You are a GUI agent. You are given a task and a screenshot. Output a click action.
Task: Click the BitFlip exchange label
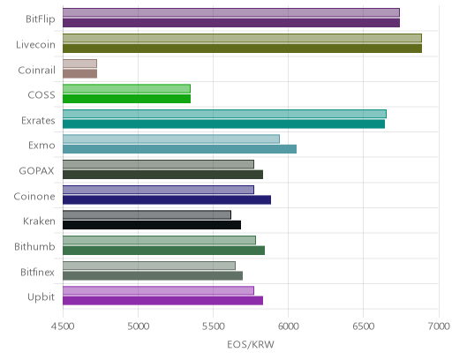pyautogui.click(x=41, y=19)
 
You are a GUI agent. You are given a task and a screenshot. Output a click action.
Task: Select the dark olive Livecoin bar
pyautogui.click(x=242, y=49)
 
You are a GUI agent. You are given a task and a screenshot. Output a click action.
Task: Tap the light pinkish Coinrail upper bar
pyautogui.click(x=79, y=64)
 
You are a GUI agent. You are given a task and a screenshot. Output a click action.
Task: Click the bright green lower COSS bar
pyautogui.click(x=126, y=99)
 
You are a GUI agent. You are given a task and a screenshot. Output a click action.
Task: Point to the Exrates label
pyautogui.click(x=38, y=121)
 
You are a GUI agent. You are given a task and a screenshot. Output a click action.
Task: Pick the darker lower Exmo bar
pyautogui.click(x=179, y=149)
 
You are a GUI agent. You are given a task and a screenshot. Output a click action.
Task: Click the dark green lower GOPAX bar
pyautogui.click(x=162, y=175)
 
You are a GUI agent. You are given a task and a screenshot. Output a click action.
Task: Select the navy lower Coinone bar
pyautogui.click(x=167, y=200)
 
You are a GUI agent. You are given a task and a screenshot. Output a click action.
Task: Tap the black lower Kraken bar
pyautogui.click(x=152, y=225)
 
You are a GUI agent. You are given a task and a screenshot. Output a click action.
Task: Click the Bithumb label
pyautogui.click(x=34, y=246)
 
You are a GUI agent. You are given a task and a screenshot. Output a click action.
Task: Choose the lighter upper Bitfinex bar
pyautogui.click(x=149, y=266)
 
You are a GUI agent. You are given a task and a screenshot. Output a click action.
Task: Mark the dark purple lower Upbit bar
pyautogui.click(x=162, y=301)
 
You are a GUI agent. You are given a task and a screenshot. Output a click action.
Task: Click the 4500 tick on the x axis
pyautogui.click(x=63, y=326)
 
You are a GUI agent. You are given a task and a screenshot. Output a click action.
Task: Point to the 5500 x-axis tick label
pyautogui.click(x=213, y=326)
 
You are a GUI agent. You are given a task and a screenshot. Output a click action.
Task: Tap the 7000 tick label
pyautogui.click(x=439, y=326)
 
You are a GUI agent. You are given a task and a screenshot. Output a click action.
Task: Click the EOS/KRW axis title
pyautogui.click(x=251, y=344)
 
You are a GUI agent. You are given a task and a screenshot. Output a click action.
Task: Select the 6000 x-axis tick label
pyautogui.click(x=288, y=326)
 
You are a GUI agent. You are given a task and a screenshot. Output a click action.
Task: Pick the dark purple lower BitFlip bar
pyautogui.click(x=231, y=23)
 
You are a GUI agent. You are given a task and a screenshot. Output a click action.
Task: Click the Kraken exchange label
pyautogui.click(x=39, y=221)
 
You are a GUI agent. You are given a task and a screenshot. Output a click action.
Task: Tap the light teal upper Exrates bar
pyautogui.click(x=224, y=114)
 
